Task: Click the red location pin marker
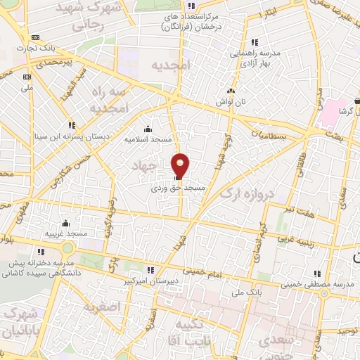pos(181,165)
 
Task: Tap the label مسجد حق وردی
pos(178,188)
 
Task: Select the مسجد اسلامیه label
pos(148,139)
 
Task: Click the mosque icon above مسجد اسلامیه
pos(148,129)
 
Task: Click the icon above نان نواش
pos(230,91)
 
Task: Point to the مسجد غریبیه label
pos(65,233)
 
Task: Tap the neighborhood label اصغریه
pos(103,307)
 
